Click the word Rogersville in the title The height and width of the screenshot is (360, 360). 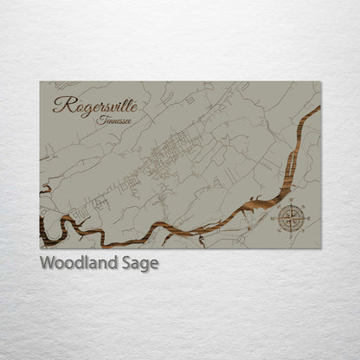[94, 105]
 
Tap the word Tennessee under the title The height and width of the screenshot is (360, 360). [117, 120]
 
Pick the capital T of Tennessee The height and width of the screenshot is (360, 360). [102, 119]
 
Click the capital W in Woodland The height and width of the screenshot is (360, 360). [48, 264]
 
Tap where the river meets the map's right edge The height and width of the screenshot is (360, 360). [319, 108]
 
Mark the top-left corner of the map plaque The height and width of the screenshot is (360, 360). [40, 82]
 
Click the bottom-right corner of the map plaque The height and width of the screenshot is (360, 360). [320, 248]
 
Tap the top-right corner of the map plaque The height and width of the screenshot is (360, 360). [320, 82]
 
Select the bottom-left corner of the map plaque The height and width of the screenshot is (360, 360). [40, 248]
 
